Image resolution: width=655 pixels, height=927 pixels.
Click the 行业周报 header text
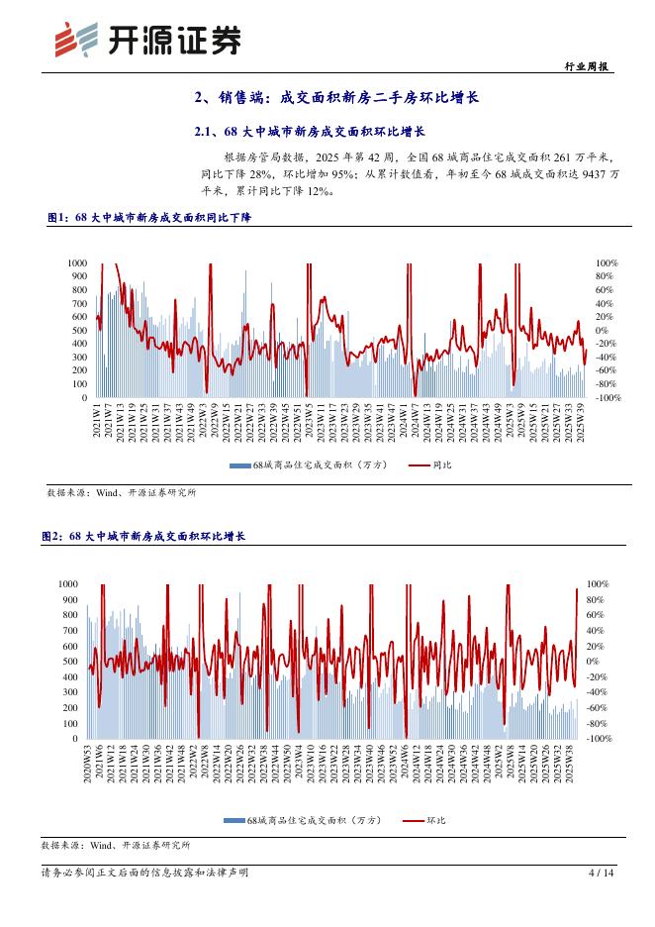[590, 66]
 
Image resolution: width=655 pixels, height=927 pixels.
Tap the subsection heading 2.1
[309, 131]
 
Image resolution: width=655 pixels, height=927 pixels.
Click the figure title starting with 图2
[142, 536]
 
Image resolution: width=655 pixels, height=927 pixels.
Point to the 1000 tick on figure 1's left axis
[77, 262]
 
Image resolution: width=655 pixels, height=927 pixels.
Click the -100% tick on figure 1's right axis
[608, 397]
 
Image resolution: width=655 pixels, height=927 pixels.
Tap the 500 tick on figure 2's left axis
[69, 662]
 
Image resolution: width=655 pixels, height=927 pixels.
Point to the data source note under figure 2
[116, 846]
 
